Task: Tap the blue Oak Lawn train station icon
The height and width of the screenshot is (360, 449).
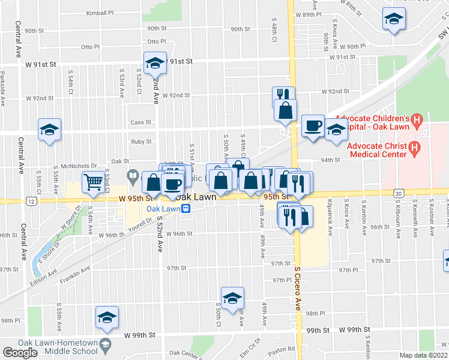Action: coord(187,209)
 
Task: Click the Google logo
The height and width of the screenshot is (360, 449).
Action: coord(20,352)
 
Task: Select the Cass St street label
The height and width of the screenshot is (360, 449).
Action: coord(140,122)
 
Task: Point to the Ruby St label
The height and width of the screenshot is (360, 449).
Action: coord(141,142)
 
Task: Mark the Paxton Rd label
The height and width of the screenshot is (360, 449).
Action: coord(283,349)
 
